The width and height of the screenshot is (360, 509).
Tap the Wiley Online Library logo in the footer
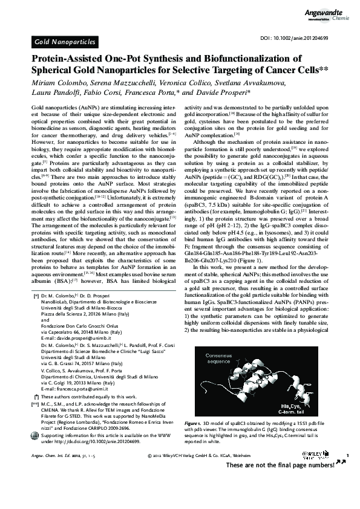pyautogui.click(x=321, y=454)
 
